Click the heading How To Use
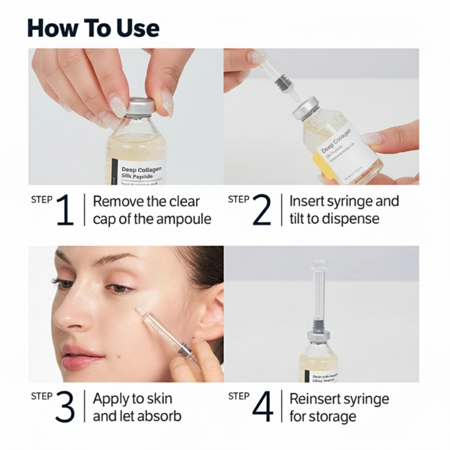(x=93, y=28)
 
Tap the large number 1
(x=65, y=210)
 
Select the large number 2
(x=262, y=210)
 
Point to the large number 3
(x=65, y=407)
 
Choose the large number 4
(x=263, y=407)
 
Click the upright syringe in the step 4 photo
(x=319, y=294)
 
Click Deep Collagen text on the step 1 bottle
(x=142, y=169)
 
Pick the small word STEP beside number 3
(x=42, y=396)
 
